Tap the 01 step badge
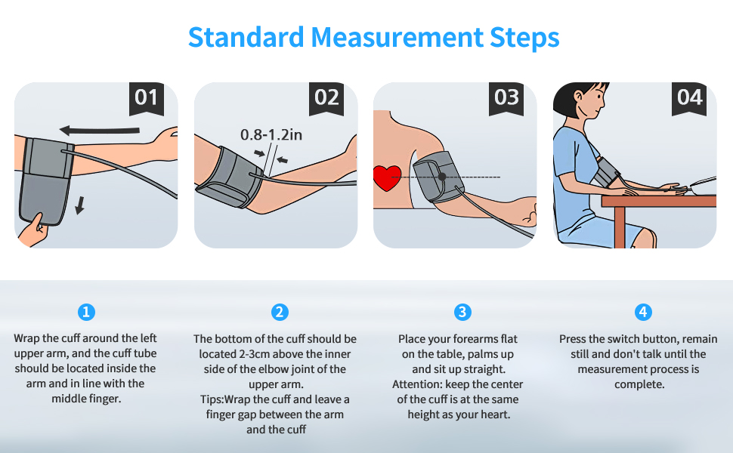146,97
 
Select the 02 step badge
326,97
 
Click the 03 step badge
506,97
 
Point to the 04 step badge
689,97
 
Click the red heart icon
388,178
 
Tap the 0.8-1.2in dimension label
271,134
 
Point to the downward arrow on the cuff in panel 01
79,205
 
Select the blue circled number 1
87,312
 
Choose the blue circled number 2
280,312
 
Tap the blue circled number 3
462,312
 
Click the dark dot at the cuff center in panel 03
442,177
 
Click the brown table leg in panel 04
620,226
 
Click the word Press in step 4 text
574,339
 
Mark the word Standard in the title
245,36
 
